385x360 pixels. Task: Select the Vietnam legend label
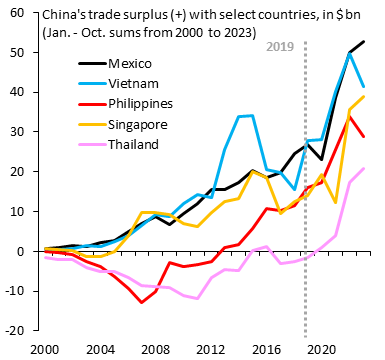[x=125, y=83]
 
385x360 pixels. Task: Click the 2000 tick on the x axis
[x=45, y=349]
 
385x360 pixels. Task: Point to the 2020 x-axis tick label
[x=321, y=349]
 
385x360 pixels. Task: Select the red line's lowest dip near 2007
[x=143, y=302]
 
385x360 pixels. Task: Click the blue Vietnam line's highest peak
[x=349, y=54]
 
